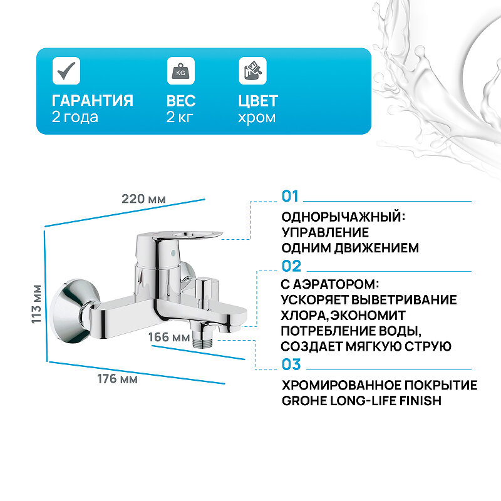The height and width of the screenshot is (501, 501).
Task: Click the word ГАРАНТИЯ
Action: [93, 101]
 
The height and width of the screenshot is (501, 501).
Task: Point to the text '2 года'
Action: [75, 117]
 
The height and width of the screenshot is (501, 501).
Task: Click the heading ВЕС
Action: [181, 101]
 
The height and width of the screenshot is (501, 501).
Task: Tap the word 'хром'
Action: [257, 117]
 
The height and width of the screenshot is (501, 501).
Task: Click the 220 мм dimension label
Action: [144, 199]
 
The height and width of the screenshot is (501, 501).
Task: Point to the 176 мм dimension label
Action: [118, 379]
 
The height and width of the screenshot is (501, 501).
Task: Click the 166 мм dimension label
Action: [168, 338]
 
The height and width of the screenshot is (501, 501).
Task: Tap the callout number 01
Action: [291, 196]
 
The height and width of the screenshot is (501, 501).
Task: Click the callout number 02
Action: [291, 266]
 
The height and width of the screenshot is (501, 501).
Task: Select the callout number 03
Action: [291, 364]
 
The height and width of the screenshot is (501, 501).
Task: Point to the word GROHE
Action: [303, 400]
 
